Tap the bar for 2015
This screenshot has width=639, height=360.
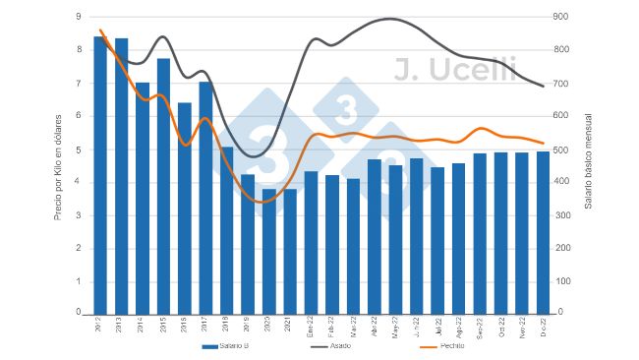tap(163, 186)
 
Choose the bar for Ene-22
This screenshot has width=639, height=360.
tap(311, 242)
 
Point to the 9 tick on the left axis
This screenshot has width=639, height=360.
tap(79, 17)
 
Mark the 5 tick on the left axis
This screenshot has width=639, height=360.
tap(79, 150)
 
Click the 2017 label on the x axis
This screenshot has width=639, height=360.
tap(205, 328)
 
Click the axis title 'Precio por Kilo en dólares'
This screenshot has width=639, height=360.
tap(58, 165)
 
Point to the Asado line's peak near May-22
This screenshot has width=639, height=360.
tap(391, 19)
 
